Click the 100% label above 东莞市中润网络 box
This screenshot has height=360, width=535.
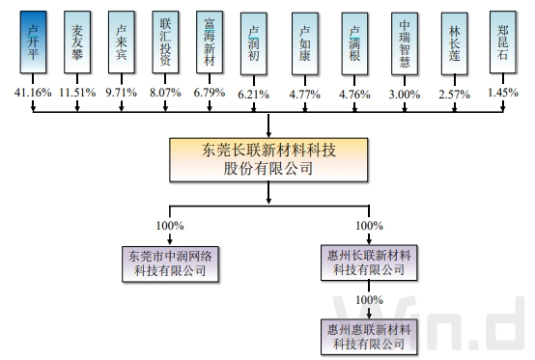[170, 226]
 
